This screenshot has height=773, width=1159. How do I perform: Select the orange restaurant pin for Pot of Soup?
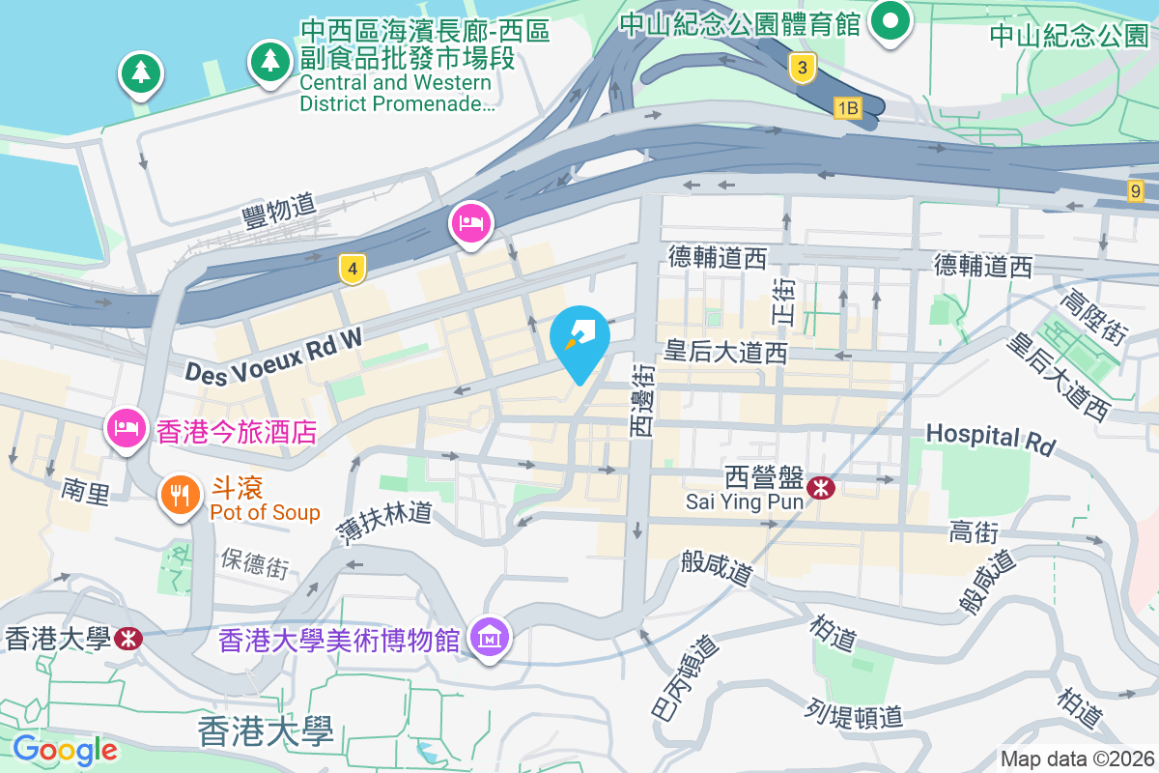(180, 495)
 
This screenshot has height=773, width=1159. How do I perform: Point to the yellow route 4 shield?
(353, 270)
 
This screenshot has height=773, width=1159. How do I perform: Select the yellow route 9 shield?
(1136, 190)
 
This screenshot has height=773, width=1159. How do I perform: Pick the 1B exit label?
(847, 108)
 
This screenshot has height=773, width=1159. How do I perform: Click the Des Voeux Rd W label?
(273, 357)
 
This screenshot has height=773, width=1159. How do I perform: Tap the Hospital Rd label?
(990, 438)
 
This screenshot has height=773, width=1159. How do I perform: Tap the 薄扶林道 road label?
(382, 523)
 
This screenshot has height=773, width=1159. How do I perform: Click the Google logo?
(65, 749)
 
